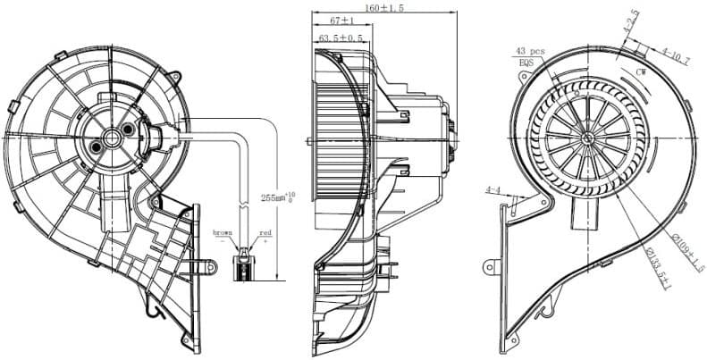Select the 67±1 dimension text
(x=342, y=21)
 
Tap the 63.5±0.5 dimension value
(x=341, y=38)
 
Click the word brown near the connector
(x=223, y=232)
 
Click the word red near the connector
(x=265, y=232)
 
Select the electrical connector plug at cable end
(x=242, y=265)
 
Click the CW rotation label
(x=641, y=70)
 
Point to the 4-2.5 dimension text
(x=631, y=20)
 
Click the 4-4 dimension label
(x=492, y=190)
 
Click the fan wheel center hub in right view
(x=587, y=137)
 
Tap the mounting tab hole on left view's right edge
(x=211, y=264)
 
